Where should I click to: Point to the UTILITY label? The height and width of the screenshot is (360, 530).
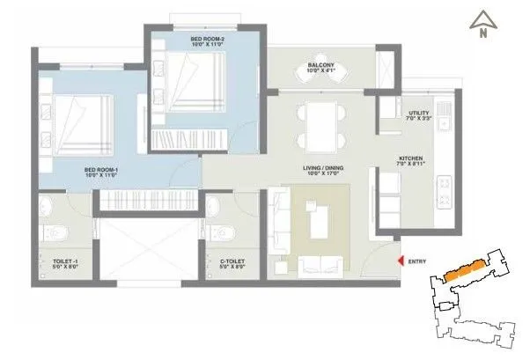[419, 113]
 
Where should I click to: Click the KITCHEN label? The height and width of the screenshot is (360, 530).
[411, 158]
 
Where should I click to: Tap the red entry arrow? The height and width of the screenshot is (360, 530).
[401, 261]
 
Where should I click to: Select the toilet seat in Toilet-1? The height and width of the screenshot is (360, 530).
[54, 233]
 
